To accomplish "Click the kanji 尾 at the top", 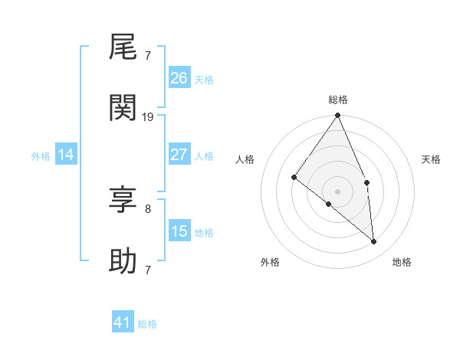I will (x=123, y=50).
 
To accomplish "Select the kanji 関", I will (x=123, y=109).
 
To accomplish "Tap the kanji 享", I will (x=123, y=201).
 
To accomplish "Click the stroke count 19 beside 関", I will (x=148, y=116).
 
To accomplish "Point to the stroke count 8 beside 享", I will (x=148, y=208).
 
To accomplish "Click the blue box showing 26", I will (x=179, y=78).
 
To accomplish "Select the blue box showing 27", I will (x=179, y=154).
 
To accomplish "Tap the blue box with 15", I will (x=179, y=231).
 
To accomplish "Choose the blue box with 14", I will (x=66, y=155).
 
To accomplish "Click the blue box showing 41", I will (x=123, y=322).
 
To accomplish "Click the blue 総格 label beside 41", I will (x=147, y=324).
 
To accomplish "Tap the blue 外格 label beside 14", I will (x=41, y=156).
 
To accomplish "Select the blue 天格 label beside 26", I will (x=204, y=80).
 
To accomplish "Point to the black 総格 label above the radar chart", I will (x=338, y=100).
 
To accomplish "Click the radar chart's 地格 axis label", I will (x=402, y=262).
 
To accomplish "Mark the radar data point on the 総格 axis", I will (x=338, y=116).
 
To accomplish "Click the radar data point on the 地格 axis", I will (x=374, y=241).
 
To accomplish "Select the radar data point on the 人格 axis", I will (x=294, y=178).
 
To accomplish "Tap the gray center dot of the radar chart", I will (x=338, y=191).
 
